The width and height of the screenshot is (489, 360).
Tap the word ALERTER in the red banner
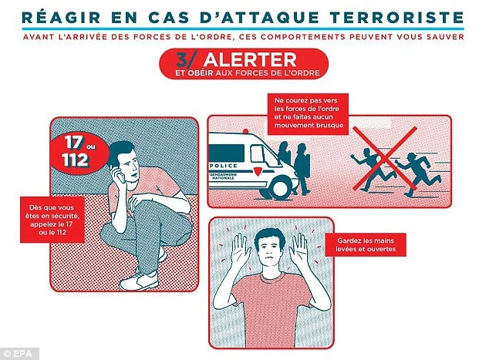pos(250,59)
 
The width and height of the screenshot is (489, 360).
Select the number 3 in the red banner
pos(182,59)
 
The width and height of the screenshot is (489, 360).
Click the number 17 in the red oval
pos(73,143)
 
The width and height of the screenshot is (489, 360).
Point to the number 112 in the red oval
pos(75,160)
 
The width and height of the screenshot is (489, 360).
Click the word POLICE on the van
pos(224,166)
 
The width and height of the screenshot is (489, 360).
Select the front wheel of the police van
pos(281,187)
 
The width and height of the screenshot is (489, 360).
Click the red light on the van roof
pos(246,131)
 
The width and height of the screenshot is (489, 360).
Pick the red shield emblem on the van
pos(258,171)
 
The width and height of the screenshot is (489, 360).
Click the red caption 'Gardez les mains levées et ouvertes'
pos(366,244)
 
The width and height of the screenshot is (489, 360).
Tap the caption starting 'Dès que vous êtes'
pos(52,220)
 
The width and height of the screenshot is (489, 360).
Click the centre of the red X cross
pos(385,158)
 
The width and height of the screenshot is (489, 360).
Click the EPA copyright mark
pos(19,354)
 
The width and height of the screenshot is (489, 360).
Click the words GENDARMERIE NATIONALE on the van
pos(224,176)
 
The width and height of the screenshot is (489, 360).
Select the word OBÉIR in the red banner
pos(201,73)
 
